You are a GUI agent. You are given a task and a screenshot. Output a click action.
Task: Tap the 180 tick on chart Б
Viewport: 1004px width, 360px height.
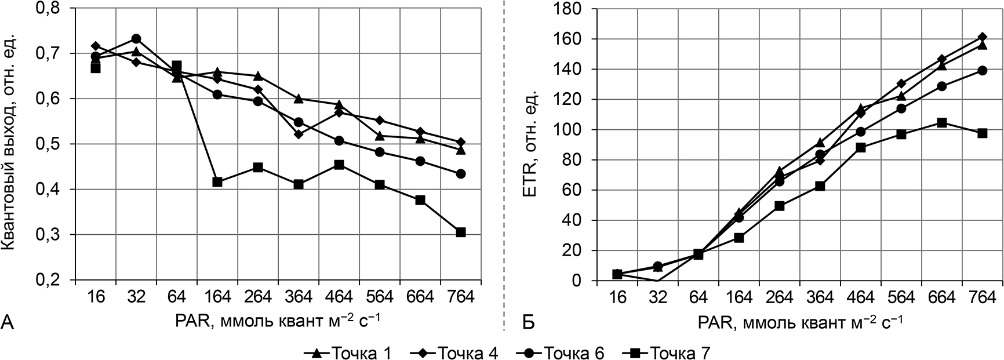tap(571, 8)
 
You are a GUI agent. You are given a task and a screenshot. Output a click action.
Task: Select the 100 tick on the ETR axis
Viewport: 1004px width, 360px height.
tap(571, 129)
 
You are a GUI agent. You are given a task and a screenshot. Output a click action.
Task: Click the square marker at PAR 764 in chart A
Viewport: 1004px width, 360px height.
tap(461, 232)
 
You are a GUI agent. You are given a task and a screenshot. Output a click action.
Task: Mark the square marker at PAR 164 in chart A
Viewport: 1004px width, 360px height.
tap(217, 182)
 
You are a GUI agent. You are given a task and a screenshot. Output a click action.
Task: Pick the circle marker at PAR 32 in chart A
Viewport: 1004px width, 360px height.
tap(136, 39)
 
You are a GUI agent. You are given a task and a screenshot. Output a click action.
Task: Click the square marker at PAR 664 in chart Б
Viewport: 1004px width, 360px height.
tap(942, 123)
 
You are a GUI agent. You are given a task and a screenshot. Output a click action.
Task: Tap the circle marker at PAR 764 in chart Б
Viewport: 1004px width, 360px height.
tap(983, 70)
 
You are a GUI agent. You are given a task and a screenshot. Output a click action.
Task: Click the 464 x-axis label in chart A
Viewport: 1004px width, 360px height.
tap(339, 297)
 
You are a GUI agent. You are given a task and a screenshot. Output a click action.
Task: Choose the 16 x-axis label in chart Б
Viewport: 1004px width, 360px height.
tap(617, 297)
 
